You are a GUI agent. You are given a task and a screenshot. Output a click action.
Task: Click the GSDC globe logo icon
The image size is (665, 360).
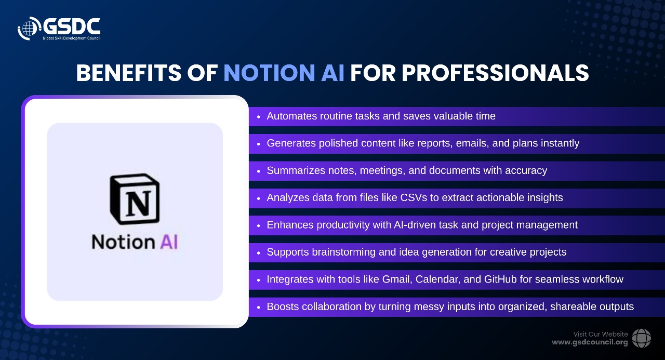(29, 28)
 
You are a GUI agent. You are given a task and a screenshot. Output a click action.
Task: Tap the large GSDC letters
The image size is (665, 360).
(72, 26)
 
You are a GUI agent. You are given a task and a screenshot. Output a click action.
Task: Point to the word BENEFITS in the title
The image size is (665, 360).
(129, 73)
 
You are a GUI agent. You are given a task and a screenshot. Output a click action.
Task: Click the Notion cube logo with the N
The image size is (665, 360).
(135, 199)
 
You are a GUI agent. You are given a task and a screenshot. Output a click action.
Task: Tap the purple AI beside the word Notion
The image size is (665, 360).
(169, 242)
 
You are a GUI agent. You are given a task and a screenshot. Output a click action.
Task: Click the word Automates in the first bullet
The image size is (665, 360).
(292, 116)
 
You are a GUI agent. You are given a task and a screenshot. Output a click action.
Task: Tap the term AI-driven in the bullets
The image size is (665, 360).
(415, 225)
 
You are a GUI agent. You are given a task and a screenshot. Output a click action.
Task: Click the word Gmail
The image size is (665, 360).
(397, 279)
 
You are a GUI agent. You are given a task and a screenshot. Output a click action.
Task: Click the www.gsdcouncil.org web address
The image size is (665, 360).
(590, 342)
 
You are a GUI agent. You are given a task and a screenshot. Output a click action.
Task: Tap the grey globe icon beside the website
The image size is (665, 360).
(641, 338)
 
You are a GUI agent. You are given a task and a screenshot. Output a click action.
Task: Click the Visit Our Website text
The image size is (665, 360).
(601, 334)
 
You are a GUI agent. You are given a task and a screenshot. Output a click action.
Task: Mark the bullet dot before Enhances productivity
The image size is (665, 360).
(258, 225)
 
